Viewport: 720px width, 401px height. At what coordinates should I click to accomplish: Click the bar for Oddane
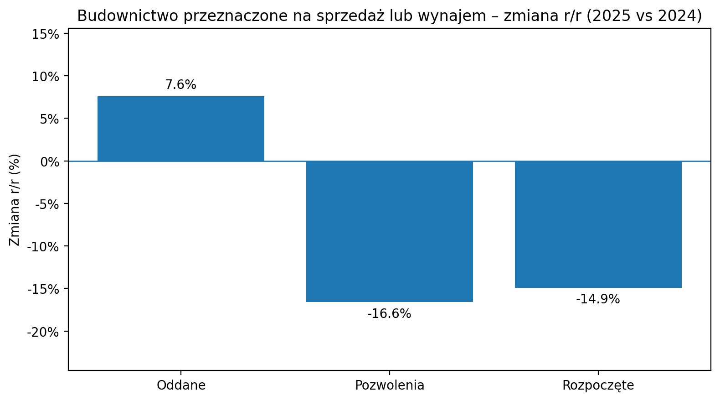point(181,129)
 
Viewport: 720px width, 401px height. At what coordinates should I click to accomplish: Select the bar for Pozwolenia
point(390,231)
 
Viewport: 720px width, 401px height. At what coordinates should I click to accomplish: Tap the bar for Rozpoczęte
point(598,224)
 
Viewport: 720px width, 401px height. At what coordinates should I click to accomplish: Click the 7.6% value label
point(181,85)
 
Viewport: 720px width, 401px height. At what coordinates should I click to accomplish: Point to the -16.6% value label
point(390,314)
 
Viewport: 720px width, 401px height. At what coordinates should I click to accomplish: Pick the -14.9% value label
point(598,299)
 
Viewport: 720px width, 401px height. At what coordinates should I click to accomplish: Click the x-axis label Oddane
point(181,385)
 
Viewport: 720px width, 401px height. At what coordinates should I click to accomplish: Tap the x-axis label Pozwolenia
point(390,385)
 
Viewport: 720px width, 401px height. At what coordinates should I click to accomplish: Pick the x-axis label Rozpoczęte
point(598,385)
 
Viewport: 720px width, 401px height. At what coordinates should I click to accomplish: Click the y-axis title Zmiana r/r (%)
point(15,200)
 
